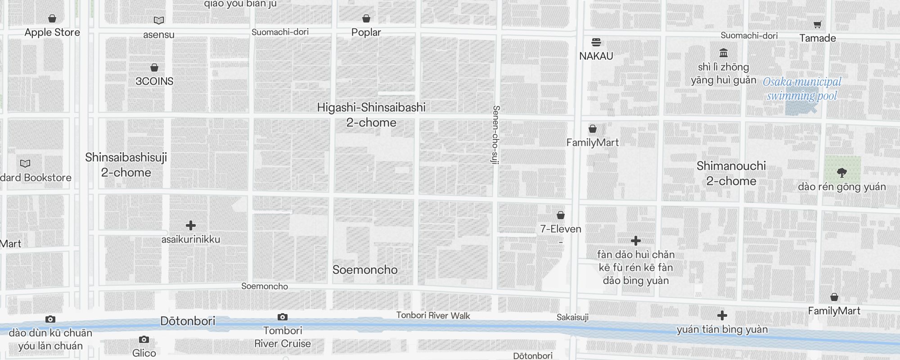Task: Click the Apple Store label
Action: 52,32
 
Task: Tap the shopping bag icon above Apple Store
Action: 52,18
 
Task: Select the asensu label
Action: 159,35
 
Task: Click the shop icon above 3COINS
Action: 154,67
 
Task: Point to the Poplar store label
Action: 366,32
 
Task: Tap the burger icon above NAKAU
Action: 596,42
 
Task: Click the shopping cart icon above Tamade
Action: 817,25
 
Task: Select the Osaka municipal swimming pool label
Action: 802,89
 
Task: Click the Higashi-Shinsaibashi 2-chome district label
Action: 371,115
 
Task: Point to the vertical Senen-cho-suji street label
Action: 495,135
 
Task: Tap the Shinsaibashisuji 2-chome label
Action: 126,165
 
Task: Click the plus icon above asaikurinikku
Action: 191,225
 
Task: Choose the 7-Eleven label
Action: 561,229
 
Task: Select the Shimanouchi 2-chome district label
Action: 731,173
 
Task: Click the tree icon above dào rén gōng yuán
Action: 842,172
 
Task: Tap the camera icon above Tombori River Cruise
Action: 282,317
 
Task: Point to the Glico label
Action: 144,353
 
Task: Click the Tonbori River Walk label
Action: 433,315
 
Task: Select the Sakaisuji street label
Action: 572,317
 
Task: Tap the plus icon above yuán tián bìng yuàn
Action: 722,315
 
